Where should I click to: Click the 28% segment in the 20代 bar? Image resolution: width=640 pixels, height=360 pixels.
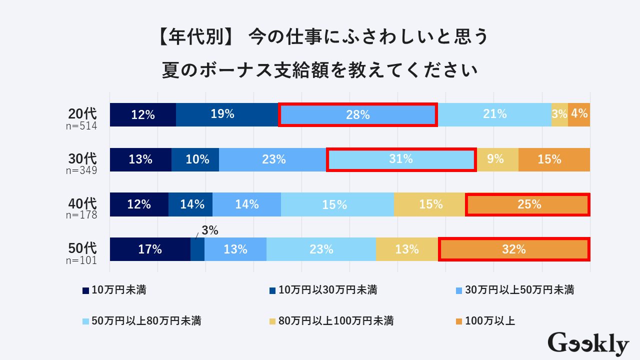[357, 114]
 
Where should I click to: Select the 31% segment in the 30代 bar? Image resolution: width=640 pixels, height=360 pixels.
[400, 159]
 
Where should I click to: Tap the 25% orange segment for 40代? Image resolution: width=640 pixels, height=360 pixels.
[527, 204]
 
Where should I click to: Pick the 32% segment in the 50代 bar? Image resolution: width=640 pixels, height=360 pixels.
[513, 249]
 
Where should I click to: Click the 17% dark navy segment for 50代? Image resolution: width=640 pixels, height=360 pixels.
[150, 249]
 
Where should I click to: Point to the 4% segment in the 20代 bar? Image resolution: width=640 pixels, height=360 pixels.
[579, 114]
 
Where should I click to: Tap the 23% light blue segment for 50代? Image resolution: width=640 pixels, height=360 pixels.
[320, 249]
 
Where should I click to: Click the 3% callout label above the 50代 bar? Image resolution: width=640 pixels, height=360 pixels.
[210, 231]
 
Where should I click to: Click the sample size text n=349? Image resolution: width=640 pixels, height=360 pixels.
[81, 170]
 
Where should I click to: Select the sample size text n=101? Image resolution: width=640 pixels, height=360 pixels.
[81, 260]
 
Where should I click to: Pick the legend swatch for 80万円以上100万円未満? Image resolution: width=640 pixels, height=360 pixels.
[272, 321]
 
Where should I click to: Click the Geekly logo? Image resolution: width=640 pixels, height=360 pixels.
[588, 344]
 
